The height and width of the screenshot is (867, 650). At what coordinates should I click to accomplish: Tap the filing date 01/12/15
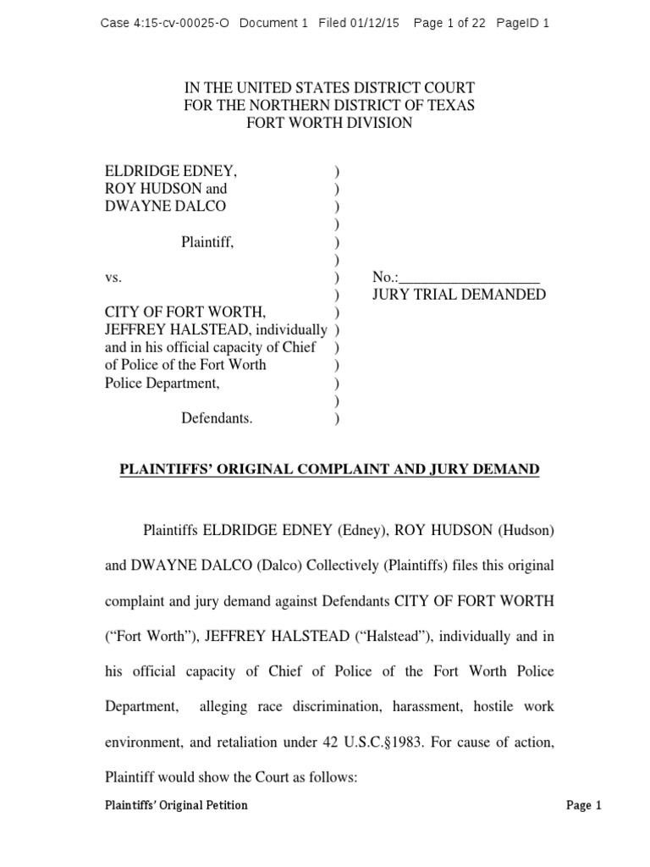pos(375,23)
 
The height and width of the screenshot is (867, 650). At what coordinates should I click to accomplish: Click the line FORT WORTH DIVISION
pos(329,123)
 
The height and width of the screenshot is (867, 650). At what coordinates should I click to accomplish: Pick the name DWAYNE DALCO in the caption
pos(165,207)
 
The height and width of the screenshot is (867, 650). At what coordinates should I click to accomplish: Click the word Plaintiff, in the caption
pos(207,242)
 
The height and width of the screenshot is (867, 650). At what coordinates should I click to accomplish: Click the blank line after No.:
pos(469,278)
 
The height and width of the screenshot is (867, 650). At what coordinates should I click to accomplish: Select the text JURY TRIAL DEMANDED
pos(460,295)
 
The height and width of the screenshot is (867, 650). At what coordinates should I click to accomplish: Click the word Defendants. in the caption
pos(217,418)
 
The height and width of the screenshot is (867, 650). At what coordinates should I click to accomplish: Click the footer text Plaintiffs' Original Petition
pos(176,805)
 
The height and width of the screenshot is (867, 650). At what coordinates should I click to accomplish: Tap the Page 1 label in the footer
pos(583,805)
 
